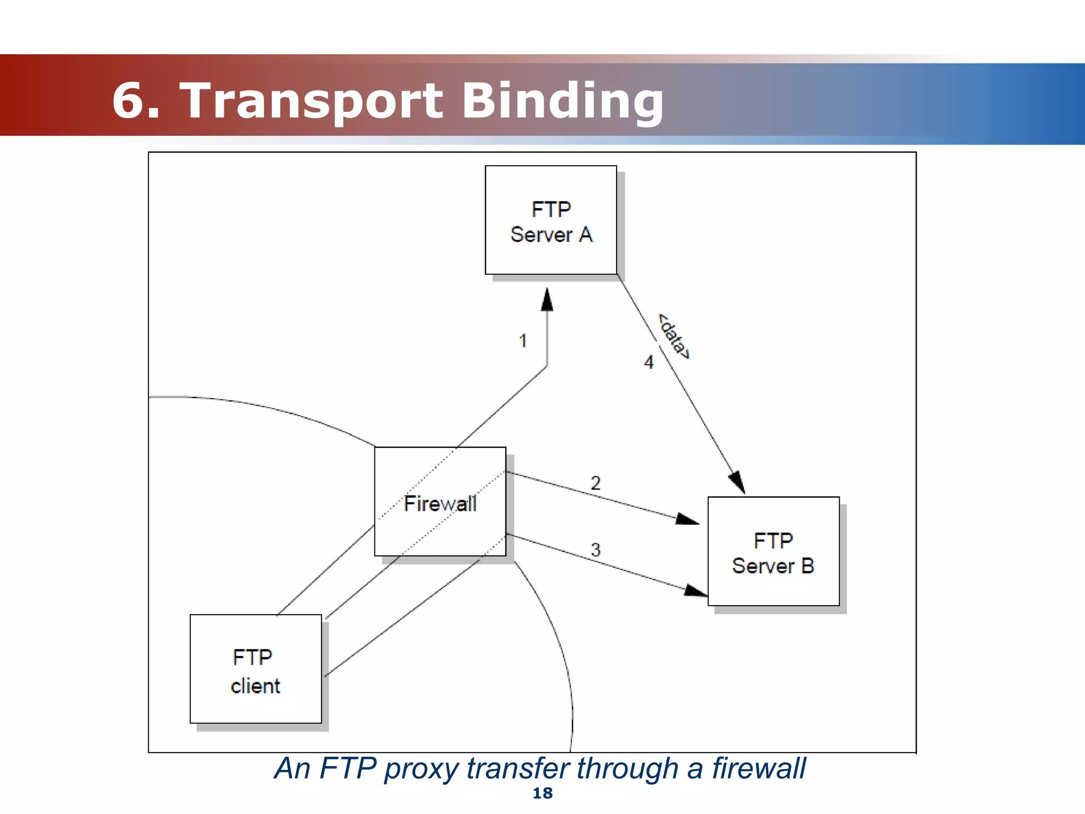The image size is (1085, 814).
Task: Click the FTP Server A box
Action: tap(550, 220)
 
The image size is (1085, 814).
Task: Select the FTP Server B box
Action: tap(773, 551)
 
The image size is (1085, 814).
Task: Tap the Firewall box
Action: tap(440, 501)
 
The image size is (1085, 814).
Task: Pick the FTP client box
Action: tap(255, 669)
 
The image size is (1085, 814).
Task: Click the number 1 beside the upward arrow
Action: tap(523, 341)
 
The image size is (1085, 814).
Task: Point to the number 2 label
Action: tap(595, 483)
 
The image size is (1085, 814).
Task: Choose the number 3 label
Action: tap(595, 550)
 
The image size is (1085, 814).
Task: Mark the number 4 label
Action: tap(649, 362)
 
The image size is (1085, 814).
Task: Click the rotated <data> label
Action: tap(673, 337)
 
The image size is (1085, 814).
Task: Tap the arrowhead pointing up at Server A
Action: tap(547, 299)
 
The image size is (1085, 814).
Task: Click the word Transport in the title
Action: tap(311, 101)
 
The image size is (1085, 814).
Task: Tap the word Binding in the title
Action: tap(563, 101)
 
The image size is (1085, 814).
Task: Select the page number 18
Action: tap(542, 793)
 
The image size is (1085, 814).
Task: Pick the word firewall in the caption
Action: tap(758, 768)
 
